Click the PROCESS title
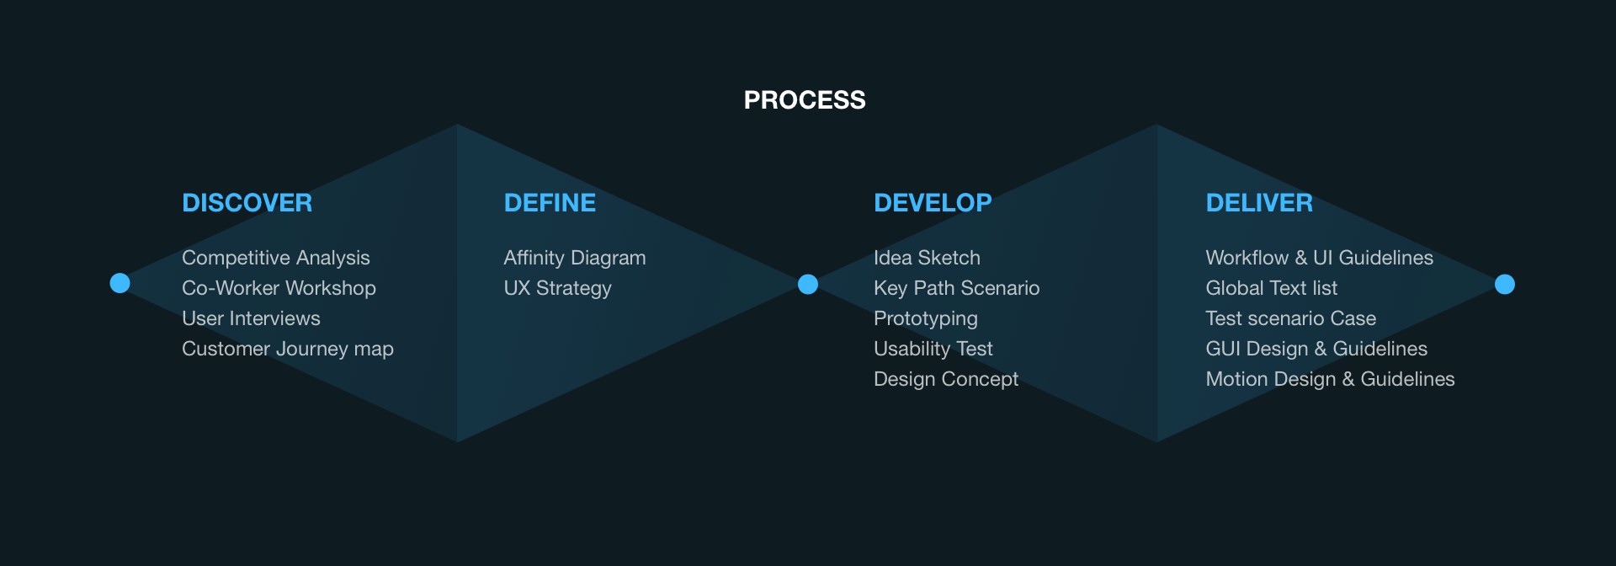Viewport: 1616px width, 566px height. tap(805, 100)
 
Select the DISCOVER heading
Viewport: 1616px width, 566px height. tap(247, 203)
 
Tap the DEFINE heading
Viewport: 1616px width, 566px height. tap(550, 203)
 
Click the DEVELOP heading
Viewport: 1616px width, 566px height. tap(933, 203)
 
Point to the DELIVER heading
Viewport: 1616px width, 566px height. tap(1259, 203)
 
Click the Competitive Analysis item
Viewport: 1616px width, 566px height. tap(276, 258)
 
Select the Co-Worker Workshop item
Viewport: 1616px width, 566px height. tap(279, 288)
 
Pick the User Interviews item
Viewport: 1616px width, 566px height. tap(251, 318)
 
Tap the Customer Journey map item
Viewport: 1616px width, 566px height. tap(288, 349)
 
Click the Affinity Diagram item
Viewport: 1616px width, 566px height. tap(575, 258)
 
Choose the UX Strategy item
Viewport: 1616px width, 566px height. tap(557, 288)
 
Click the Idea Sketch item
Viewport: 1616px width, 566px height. tap(927, 258)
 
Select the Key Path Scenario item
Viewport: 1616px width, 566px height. tap(956, 288)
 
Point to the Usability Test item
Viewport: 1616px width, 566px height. tap(933, 349)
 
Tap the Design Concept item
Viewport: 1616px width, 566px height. tap(946, 379)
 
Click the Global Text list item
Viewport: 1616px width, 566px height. tap(1271, 288)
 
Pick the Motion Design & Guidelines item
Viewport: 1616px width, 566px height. tap(1330, 379)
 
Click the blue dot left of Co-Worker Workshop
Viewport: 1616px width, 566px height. tap(120, 283)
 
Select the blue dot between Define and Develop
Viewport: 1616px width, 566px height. tap(808, 284)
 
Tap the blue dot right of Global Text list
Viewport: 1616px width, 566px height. tap(1505, 284)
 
